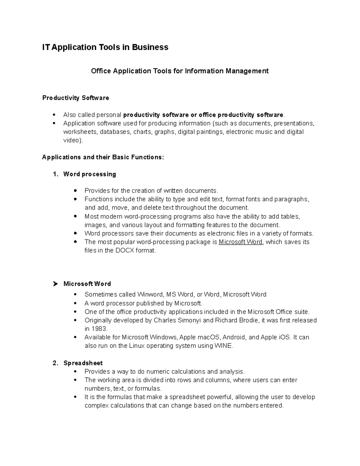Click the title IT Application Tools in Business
point(105,47)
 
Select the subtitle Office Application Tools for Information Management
point(180,71)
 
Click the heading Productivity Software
point(76,98)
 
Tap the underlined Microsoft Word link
point(241,242)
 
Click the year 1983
point(99,329)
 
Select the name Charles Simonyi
point(178,320)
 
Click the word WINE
point(223,346)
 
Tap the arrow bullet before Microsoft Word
point(55,284)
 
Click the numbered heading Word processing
point(89,174)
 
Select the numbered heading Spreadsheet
point(83,363)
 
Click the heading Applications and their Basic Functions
point(103,158)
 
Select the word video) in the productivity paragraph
point(72,140)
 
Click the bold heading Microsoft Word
point(87,284)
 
